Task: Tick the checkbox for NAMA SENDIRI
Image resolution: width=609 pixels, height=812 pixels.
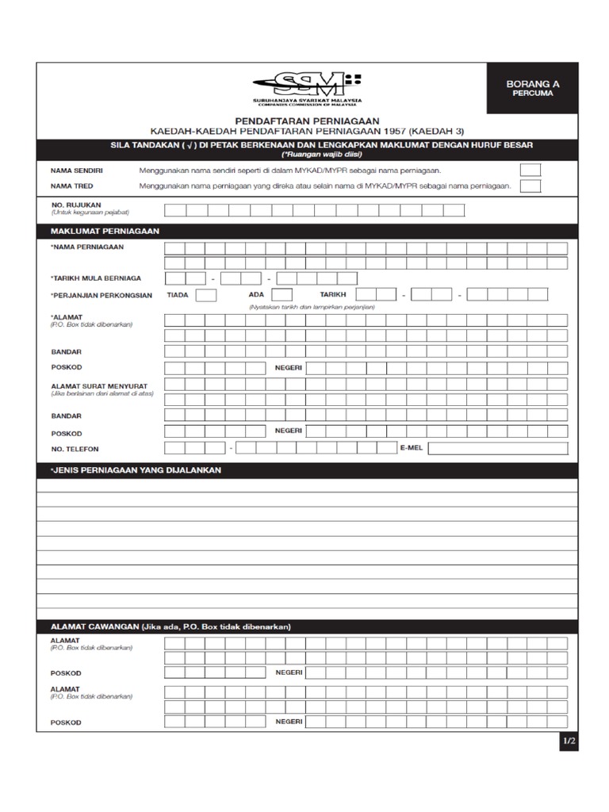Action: [530, 170]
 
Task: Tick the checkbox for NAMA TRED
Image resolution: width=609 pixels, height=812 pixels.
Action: [530, 186]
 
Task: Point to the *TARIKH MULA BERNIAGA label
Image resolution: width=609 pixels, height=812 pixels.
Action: [96, 278]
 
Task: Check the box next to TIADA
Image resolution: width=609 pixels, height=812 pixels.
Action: [206, 295]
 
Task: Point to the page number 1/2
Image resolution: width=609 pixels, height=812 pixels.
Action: [569, 741]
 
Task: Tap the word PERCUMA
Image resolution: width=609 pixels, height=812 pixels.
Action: [532, 94]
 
